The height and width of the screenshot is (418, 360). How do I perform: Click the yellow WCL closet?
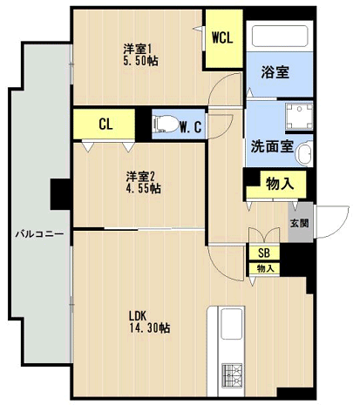222,37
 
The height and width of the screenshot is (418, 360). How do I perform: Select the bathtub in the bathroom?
278,37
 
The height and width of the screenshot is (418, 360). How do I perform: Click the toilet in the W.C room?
164,124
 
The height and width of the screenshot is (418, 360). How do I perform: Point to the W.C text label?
191,126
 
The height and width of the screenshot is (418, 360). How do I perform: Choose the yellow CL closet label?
105,125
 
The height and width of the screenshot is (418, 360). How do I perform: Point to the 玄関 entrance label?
299,223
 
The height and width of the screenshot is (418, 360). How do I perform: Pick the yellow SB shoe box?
265,253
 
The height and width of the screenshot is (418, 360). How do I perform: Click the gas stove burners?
232,375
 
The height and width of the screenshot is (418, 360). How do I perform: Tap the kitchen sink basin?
232,327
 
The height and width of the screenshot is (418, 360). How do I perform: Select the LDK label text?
138,316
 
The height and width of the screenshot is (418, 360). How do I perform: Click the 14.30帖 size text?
149,328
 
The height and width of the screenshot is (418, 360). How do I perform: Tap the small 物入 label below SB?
265,268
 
